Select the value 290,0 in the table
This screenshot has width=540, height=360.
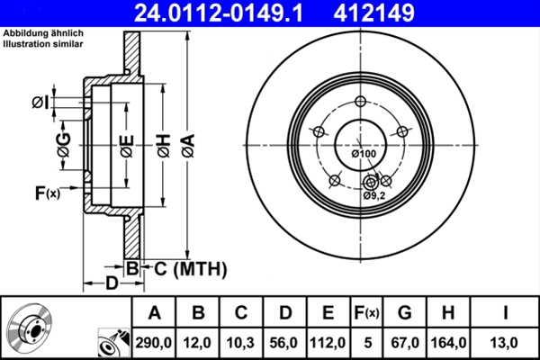click(154, 342)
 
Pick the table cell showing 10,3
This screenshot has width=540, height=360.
click(240, 342)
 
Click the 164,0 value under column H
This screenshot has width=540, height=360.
click(448, 342)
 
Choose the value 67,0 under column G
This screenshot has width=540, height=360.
click(405, 342)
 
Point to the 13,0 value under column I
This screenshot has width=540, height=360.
click(505, 342)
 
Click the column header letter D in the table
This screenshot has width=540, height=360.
click(283, 313)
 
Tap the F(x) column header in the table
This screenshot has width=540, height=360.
click(367, 313)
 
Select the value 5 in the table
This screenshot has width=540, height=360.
click(367, 342)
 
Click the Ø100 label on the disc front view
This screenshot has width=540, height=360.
click(364, 154)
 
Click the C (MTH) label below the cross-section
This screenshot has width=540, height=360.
click(184, 268)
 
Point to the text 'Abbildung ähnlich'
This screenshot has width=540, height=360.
click(43, 34)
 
